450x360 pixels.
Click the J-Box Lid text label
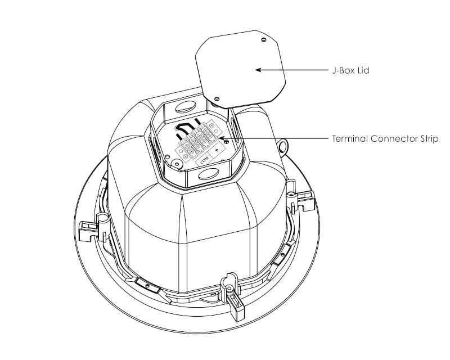(x=350, y=70)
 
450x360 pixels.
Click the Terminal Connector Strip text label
(x=385, y=139)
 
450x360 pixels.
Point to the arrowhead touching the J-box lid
(x=258, y=70)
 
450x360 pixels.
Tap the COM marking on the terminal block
(x=204, y=160)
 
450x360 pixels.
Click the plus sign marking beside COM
(x=217, y=150)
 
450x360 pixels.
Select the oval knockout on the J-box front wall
(x=209, y=174)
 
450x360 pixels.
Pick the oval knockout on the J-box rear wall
(x=186, y=107)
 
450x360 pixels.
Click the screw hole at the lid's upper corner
(x=264, y=39)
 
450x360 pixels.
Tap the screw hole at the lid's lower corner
(x=217, y=99)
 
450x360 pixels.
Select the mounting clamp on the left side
(x=93, y=227)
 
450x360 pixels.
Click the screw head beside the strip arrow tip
(x=227, y=141)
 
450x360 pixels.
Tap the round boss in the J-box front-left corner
(x=176, y=164)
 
